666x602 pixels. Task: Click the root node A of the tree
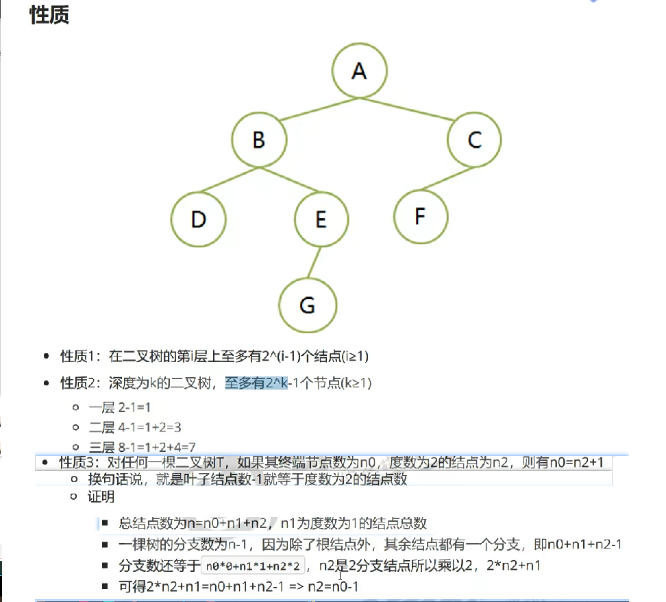coord(359,71)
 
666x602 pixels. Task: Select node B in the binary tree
coord(258,141)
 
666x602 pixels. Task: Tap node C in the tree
coord(474,141)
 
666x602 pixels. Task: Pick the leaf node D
coord(199,219)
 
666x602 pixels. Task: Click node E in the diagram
coord(321,219)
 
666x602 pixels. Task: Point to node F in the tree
coord(421,217)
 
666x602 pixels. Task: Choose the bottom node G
coord(308,305)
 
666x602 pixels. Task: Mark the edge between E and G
coord(314,263)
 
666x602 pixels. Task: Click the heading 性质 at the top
coord(49,15)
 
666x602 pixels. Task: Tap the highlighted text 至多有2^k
coord(256,383)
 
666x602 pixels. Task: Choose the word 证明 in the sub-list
coord(101,497)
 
